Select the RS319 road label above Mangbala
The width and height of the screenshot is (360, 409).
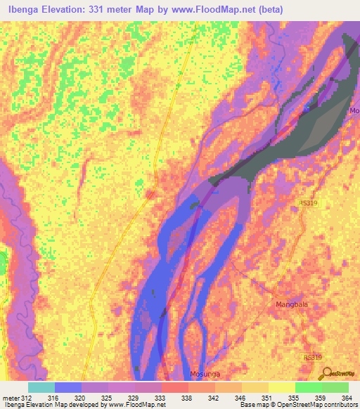click(x=308, y=202)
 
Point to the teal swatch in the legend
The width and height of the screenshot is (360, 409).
click(x=41, y=387)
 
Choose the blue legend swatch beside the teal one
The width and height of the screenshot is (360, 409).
click(x=68, y=387)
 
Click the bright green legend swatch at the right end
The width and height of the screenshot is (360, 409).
click(x=335, y=387)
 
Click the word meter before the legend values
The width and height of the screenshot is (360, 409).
click(x=11, y=397)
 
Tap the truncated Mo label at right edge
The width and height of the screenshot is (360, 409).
click(x=354, y=111)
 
